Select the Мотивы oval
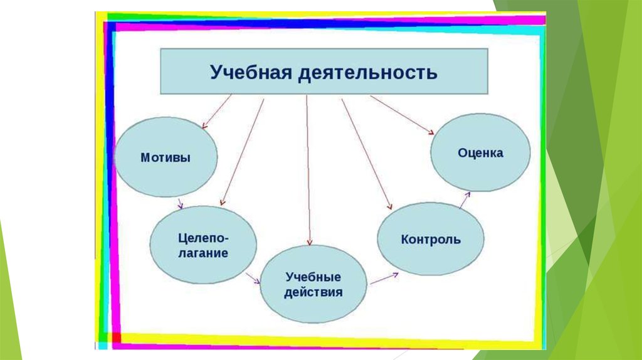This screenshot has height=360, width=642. pyautogui.click(x=166, y=157)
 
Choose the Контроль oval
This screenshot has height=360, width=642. pyautogui.click(x=430, y=239)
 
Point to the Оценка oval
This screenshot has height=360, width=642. pyautogui.click(x=480, y=152)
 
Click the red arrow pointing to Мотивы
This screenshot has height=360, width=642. pyautogui.click(x=217, y=111)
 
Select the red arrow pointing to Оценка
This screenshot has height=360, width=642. pyautogui.click(x=401, y=114)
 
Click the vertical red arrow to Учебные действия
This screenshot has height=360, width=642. pyautogui.click(x=308, y=169)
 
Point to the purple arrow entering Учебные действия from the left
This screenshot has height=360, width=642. pyautogui.click(x=253, y=278)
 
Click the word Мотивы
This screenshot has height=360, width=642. pyautogui.click(x=166, y=157)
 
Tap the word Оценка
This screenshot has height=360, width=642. pyautogui.click(x=480, y=152)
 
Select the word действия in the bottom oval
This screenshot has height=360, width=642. pyautogui.click(x=313, y=292)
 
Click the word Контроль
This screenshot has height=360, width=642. pyautogui.click(x=430, y=240)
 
